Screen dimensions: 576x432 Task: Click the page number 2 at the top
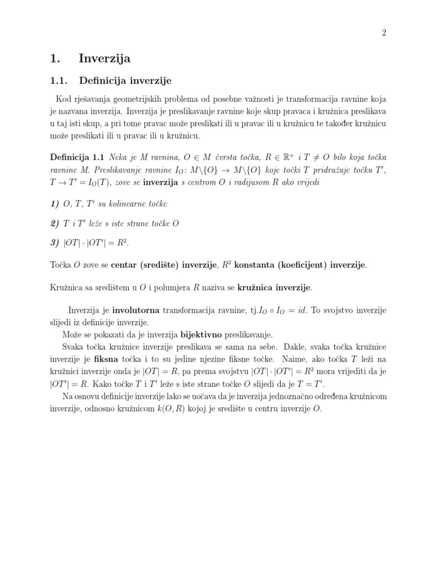pos(384,33)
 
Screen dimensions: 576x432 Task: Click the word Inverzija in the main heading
pos(105,58)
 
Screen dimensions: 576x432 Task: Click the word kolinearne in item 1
pos(130,203)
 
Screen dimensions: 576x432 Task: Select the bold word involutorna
pos(137,310)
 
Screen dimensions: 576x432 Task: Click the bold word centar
pos(124,264)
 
